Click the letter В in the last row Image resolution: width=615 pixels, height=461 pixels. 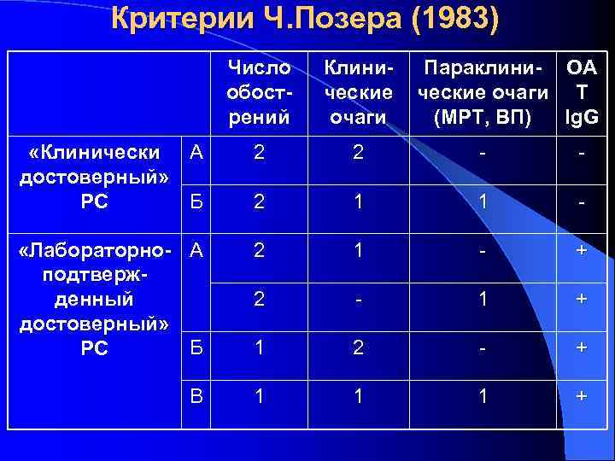[196, 396]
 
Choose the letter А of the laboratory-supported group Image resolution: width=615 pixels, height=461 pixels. [196, 250]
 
